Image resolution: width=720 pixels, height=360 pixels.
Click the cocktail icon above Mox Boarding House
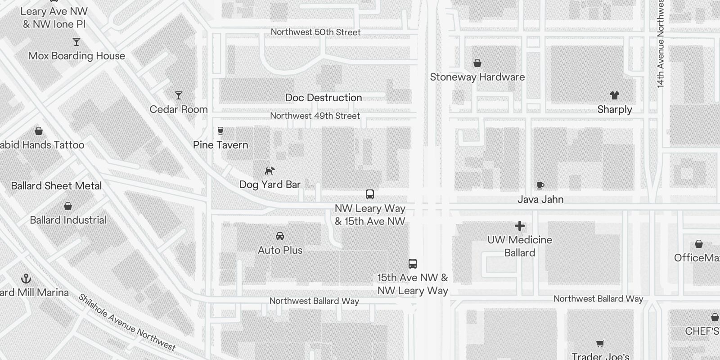click(76, 42)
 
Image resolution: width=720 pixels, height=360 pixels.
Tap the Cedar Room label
click(179, 109)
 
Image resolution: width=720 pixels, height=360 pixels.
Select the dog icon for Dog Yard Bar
click(270, 171)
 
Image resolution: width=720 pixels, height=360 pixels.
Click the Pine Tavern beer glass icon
click(220, 131)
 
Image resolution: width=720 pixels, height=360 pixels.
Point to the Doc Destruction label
click(324, 98)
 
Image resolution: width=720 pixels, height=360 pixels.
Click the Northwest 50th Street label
click(315, 32)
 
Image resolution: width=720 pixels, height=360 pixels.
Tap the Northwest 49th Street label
click(315, 116)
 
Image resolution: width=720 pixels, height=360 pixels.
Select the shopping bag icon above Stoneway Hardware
click(477, 63)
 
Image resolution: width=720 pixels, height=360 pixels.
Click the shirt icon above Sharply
click(615, 95)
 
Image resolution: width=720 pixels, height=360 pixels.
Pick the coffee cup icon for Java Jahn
click(540, 185)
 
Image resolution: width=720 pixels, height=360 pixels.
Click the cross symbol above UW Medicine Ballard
click(520, 226)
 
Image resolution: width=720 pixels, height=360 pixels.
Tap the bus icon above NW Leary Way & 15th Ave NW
click(370, 194)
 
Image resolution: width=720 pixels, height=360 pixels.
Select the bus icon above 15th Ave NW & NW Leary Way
click(413, 264)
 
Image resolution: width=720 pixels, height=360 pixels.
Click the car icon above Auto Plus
click(280, 236)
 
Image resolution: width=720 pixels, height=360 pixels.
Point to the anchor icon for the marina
click(27, 279)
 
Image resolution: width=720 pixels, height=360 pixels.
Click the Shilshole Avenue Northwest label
click(127, 323)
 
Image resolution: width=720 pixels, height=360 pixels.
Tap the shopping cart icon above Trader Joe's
click(600, 344)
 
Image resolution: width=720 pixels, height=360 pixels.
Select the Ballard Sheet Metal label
click(56, 186)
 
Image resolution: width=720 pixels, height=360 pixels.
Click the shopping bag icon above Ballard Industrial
click(68, 206)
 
